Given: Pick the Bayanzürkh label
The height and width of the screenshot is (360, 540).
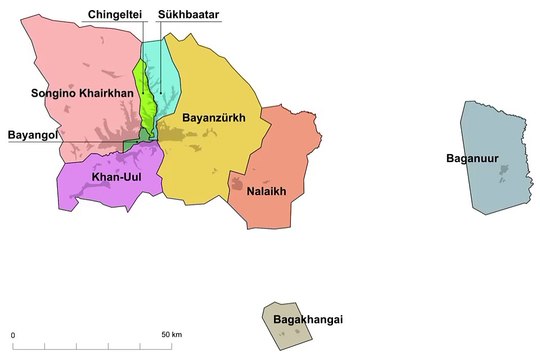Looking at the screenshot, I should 213,117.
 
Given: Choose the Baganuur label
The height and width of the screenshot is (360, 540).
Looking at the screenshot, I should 475,158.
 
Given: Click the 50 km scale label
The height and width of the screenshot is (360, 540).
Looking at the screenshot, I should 171,333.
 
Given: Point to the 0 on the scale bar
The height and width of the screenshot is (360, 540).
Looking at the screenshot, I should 13,333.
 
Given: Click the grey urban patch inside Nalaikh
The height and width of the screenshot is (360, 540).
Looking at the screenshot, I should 238,183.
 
